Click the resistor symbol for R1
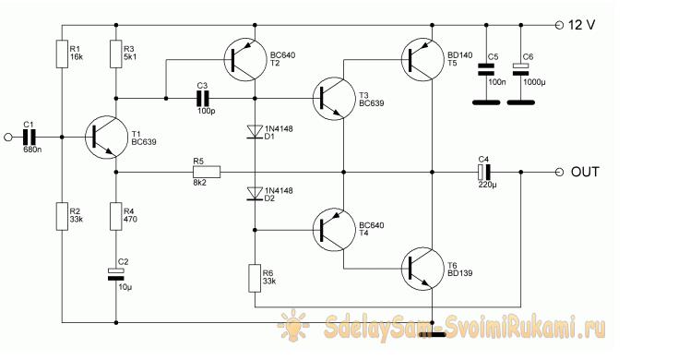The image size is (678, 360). (x=62, y=54)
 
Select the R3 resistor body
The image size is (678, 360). (x=116, y=54)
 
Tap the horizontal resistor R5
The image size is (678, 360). (x=207, y=173)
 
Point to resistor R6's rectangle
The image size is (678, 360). (x=255, y=279)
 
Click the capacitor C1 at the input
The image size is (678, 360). (x=29, y=138)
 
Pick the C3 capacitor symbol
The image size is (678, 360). (x=203, y=99)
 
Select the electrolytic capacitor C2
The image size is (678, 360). (x=116, y=274)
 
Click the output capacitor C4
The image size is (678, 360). (x=484, y=173)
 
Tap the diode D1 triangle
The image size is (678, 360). (x=255, y=132)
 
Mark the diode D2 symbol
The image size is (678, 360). (x=255, y=194)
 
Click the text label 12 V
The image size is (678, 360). (x=581, y=25)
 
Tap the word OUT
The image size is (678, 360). (x=585, y=173)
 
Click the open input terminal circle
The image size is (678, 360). (x=7, y=138)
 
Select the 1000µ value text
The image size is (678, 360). (x=534, y=82)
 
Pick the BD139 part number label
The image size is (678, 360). (x=460, y=273)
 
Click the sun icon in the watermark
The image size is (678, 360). (x=293, y=325)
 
